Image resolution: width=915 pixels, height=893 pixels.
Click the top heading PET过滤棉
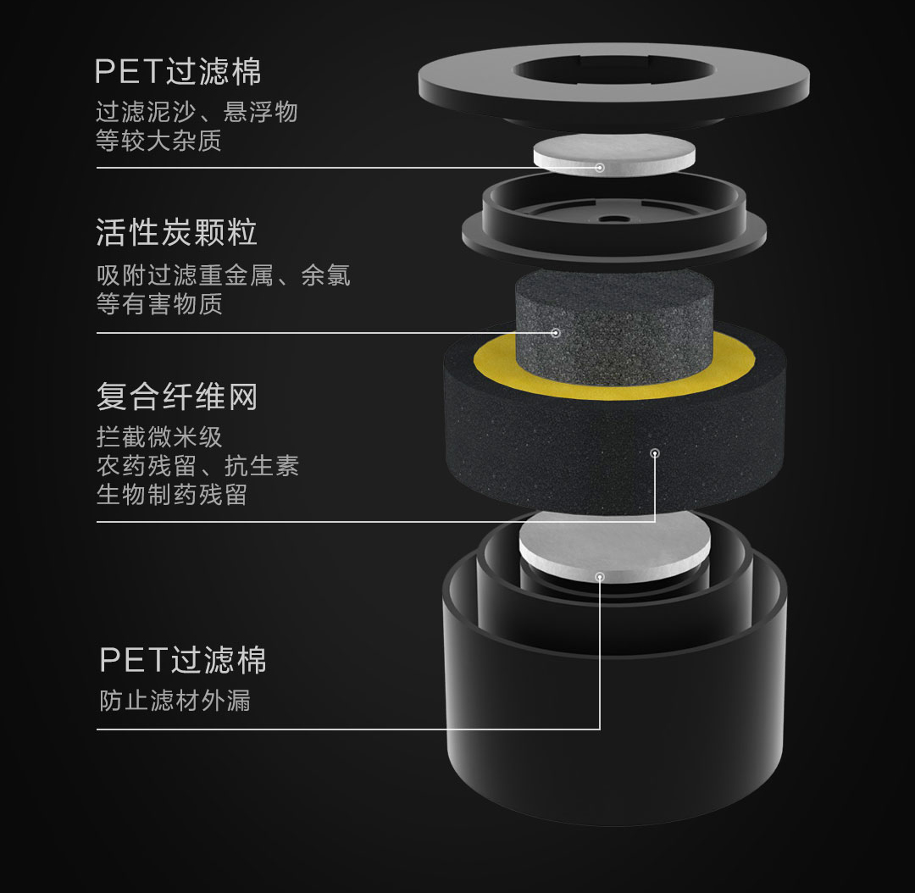pyautogui.click(x=178, y=71)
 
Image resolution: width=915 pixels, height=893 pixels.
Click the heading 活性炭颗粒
pyautogui.click(x=176, y=232)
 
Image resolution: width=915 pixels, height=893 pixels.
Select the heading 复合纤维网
pyautogui.click(x=177, y=397)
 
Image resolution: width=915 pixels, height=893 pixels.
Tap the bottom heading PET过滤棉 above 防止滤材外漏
pyautogui.click(x=183, y=659)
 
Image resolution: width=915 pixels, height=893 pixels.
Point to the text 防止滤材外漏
pyautogui.click(x=175, y=701)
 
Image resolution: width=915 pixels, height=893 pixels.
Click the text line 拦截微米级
pyautogui.click(x=159, y=436)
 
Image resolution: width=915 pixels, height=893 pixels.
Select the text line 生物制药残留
pyautogui.click(x=172, y=494)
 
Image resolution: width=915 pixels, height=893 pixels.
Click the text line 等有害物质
pyautogui.click(x=159, y=303)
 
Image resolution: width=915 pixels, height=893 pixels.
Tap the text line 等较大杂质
pyautogui.click(x=158, y=141)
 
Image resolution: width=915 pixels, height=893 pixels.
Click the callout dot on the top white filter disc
pyautogui.click(x=599, y=168)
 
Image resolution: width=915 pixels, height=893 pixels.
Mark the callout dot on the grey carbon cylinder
pyautogui.click(x=556, y=333)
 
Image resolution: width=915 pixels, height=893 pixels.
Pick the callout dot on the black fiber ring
pyautogui.click(x=655, y=453)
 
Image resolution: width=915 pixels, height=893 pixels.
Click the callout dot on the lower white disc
pyautogui.click(x=599, y=577)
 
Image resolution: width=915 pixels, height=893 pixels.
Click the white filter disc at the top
pyautogui.click(x=614, y=154)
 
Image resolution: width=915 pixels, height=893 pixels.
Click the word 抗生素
pyautogui.click(x=262, y=466)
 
